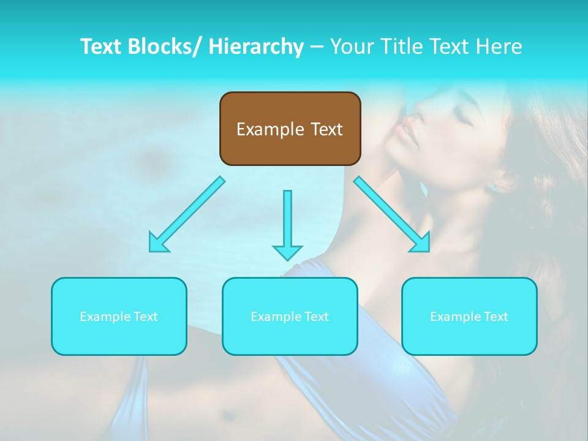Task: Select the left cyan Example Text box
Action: click(119, 316)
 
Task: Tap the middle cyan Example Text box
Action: click(290, 316)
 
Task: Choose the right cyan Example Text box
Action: click(469, 316)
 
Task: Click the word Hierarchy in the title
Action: click(255, 47)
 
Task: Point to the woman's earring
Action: click(492, 187)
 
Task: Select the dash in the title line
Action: click(316, 47)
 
